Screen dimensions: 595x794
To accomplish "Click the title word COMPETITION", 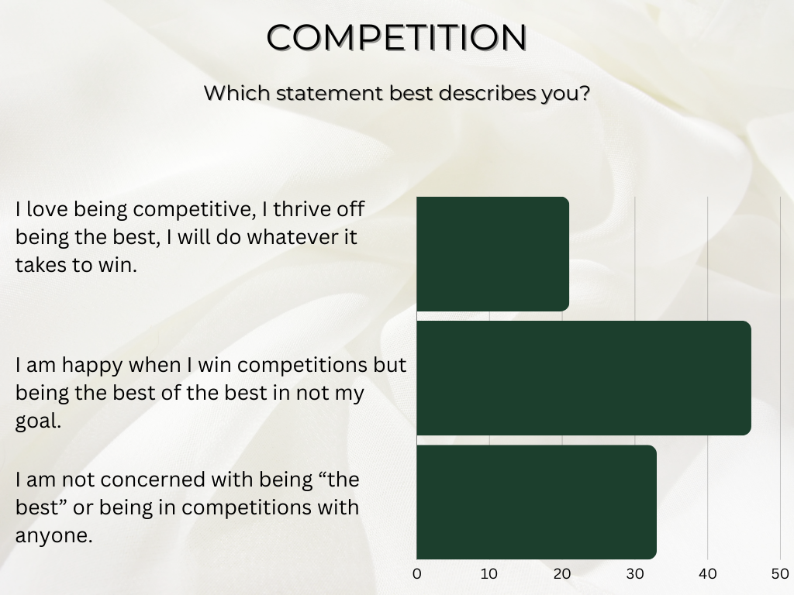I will [x=397, y=37].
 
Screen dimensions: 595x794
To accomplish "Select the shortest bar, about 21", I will [x=492, y=254].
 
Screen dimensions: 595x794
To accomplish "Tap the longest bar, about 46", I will [x=583, y=378].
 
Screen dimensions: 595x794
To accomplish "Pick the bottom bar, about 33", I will [x=536, y=502].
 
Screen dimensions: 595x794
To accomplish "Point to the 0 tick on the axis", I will [x=417, y=574].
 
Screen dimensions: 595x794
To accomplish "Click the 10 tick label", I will [x=489, y=574].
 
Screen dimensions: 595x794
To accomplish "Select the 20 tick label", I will [x=562, y=574].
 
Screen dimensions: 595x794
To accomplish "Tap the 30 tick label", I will [x=635, y=574].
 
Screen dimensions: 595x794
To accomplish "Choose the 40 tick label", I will [x=707, y=574].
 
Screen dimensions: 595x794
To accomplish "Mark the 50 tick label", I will [x=778, y=574].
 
